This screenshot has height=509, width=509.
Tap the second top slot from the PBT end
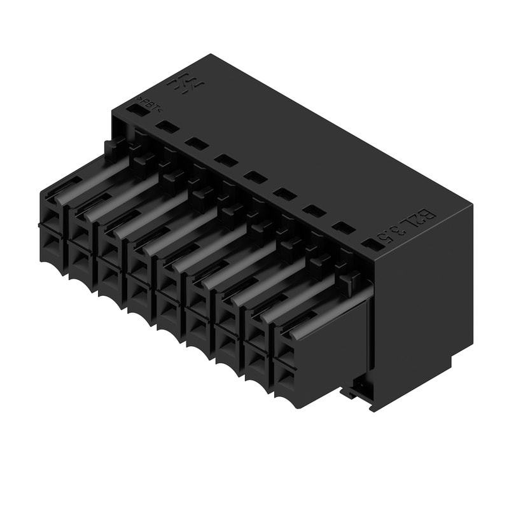[167, 127]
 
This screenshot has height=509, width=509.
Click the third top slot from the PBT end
[196, 144]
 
